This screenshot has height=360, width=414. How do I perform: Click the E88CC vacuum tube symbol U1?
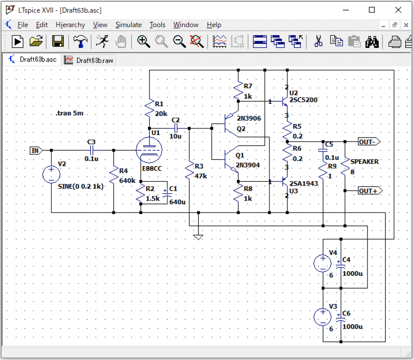tap(149, 150)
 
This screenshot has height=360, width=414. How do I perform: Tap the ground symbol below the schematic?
tap(198, 237)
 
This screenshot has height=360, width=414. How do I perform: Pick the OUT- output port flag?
tap(369, 142)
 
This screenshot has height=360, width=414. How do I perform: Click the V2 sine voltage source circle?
tap(51, 174)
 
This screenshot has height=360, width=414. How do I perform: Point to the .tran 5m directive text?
tap(69, 113)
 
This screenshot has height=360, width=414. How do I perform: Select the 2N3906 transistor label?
tap(249, 118)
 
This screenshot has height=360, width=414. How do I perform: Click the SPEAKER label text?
tap(364, 162)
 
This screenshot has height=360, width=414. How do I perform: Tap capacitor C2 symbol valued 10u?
tap(176, 128)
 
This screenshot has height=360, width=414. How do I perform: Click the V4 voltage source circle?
tap(323, 263)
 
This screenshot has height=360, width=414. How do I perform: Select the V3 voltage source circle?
tap(323, 317)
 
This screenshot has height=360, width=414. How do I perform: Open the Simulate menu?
tap(128, 25)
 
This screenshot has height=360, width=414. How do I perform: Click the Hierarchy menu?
tap(70, 25)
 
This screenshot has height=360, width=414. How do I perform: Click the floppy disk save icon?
tap(58, 41)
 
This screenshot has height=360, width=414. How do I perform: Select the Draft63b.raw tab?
tap(89, 60)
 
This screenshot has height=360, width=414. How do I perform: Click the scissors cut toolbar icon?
tap(318, 41)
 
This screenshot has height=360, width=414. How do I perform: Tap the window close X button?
tap(398, 10)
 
